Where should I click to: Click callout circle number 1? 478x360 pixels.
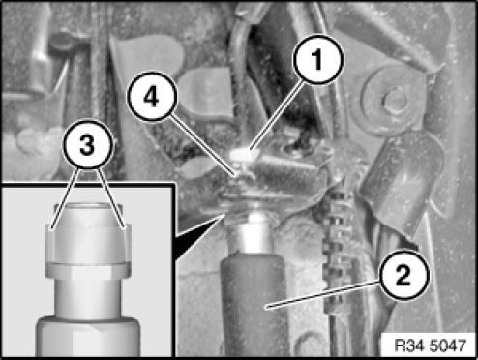[318, 60]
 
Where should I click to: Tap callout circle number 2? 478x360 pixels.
[403, 275]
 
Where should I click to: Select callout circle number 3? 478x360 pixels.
[88, 144]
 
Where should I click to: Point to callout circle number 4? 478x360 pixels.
[152, 97]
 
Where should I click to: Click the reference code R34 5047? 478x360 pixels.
[431, 345]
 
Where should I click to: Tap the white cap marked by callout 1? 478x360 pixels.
[243, 155]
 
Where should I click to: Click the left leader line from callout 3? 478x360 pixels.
[65, 199]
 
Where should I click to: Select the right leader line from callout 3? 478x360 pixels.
[111, 198]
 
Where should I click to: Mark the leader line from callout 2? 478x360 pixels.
[321, 295]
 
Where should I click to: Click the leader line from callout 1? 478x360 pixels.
[277, 116]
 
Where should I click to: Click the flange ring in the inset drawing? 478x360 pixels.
[88, 270]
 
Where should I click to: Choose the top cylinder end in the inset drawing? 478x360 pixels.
[88, 215]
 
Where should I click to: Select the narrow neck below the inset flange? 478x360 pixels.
[88, 298]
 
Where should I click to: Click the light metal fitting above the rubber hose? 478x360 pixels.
[254, 232]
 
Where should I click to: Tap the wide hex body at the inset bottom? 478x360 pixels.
[88, 337]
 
